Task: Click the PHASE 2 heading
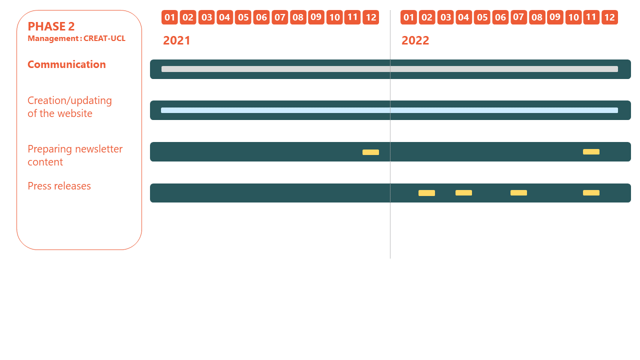[x=51, y=26]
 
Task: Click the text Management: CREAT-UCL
[x=76, y=38]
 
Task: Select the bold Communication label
[x=66, y=64]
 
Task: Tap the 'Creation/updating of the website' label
[x=69, y=107]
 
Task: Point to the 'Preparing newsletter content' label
[x=75, y=155]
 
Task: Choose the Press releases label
[x=59, y=186]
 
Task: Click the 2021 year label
[x=176, y=40]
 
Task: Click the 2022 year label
[x=415, y=40]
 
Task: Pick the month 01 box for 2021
[x=169, y=17]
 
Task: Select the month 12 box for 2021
[x=371, y=17]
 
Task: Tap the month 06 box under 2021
[x=261, y=17]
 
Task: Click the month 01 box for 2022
[x=408, y=17]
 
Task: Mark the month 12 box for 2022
[x=609, y=17]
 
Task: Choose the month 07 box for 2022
[x=518, y=17]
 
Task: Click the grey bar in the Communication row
[x=389, y=69]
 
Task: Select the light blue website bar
[x=389, y=110]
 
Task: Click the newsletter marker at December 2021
[x=371, y=152]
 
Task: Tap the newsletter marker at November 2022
[x=591, y=151]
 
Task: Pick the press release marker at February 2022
[x=427, y=193]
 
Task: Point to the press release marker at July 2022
[x=518, y=193]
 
